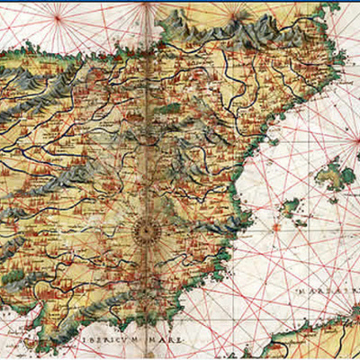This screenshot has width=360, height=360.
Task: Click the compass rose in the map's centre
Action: [x=143, y=231]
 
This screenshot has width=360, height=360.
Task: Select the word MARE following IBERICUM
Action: [x=160, y=339]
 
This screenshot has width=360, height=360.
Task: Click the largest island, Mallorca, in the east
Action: [x=331, y=173]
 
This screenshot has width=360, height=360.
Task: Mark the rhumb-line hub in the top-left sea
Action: [x=58, y=16]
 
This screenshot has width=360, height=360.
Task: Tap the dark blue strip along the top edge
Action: [x=180, y=3]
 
